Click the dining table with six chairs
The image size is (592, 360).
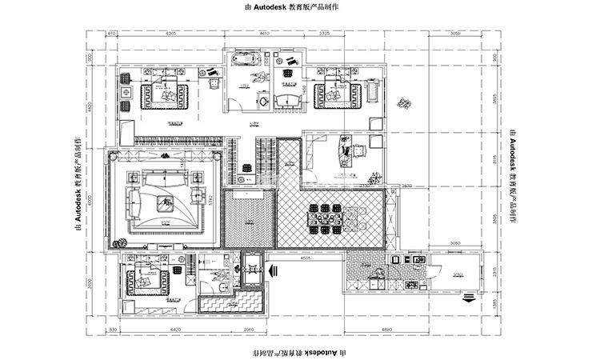pyautogui.click(x=328, y=215)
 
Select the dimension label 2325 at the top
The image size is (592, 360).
pyautogui.click(x=325, y=34)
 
